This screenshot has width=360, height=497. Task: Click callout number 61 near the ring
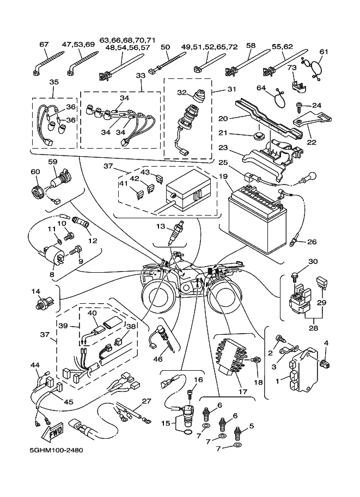pyautogui.click(x=324, y=52)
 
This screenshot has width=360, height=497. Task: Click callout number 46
pyautogui.click(x=158, y=359)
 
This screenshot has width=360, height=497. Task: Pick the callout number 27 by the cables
pyautogui.click(x=145, y=402)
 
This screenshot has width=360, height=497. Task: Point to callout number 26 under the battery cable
pyautogui.click(x=312, y=242)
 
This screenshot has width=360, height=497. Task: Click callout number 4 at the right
pyautogui.click(x=327, y=342)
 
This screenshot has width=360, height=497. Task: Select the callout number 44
pyautogui.click(x=35, y=364)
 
